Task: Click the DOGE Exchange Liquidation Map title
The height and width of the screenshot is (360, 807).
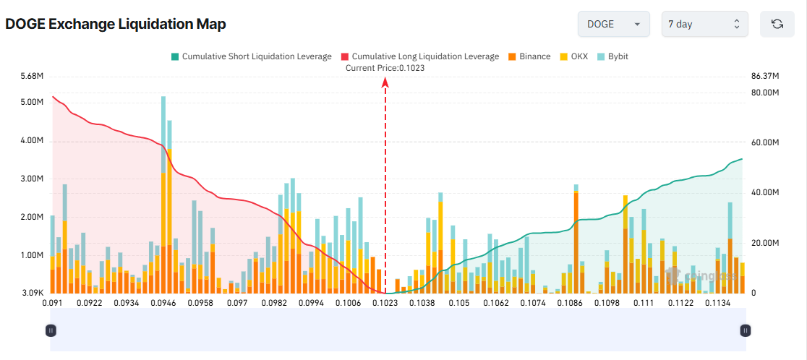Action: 116,24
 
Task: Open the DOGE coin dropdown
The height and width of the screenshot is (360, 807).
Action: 612,24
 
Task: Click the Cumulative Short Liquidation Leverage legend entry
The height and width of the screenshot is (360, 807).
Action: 251,56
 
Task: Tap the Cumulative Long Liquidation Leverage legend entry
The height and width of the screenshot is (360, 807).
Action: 419,56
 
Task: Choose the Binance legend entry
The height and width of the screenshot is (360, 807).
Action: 529,56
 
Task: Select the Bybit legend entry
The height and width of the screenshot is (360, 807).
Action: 612,56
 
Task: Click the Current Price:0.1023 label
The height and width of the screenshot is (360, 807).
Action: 385,68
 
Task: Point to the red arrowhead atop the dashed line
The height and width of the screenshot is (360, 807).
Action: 385,83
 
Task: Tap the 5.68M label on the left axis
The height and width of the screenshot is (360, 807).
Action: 33,76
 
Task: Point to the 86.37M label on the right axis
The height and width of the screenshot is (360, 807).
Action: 765,76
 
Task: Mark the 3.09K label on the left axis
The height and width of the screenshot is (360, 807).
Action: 33,293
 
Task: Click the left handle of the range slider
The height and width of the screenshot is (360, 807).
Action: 51,330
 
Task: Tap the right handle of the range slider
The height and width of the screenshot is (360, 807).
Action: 746,330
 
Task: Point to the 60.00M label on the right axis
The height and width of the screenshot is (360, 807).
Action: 765,143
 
